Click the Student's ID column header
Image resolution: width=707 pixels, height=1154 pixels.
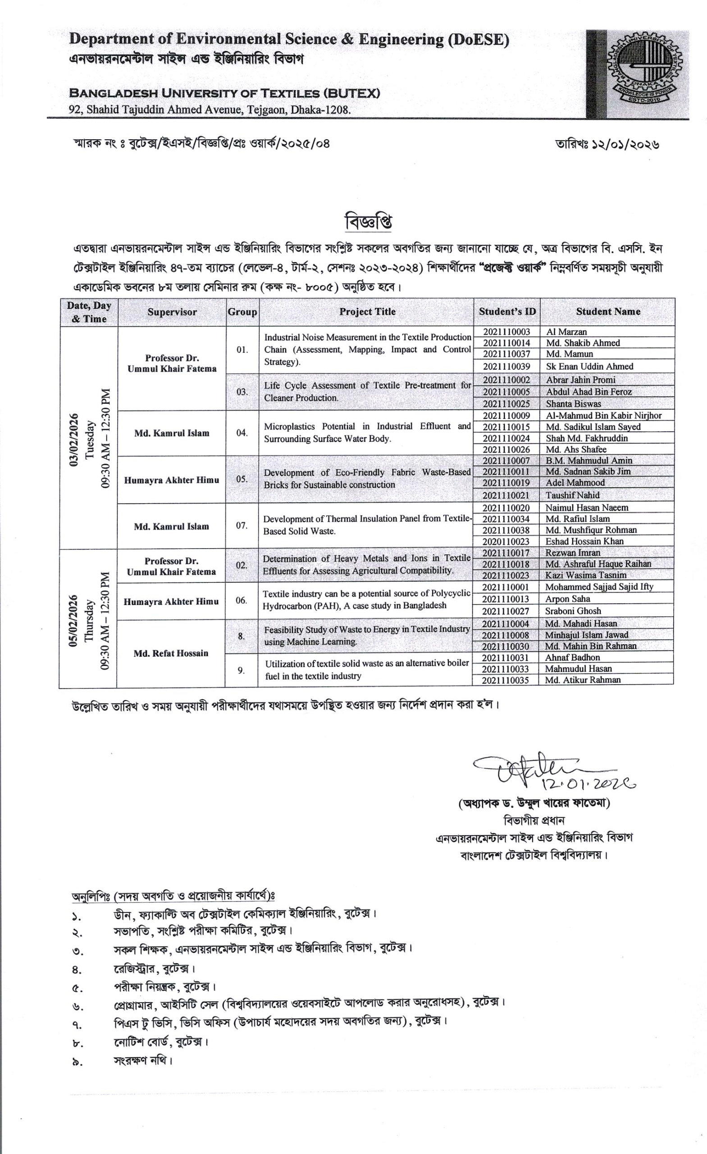[507, 311]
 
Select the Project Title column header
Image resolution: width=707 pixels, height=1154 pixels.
[367, 311]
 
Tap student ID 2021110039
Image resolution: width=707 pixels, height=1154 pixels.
[506, 366]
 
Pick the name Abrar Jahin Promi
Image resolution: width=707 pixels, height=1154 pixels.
[580, 380]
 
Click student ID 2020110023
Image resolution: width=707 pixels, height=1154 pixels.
[506, 541]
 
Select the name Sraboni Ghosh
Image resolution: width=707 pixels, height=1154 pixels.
[573, 611]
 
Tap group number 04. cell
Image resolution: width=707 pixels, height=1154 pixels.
[242, 433]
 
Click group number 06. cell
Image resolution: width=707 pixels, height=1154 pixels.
[241, 600]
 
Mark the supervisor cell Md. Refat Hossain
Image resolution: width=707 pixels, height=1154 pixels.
[171, 653]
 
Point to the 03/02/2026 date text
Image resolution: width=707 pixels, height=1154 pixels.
[73, 437]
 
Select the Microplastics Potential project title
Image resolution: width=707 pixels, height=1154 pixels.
[367, 432]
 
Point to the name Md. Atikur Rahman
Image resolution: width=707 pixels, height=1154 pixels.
[583, 680]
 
